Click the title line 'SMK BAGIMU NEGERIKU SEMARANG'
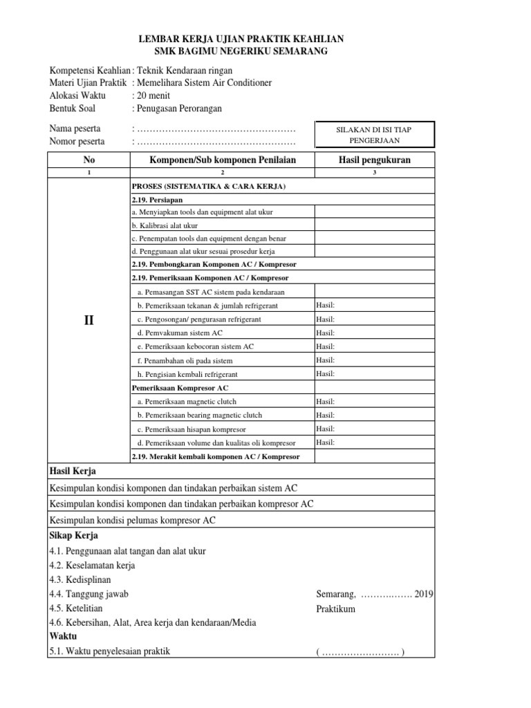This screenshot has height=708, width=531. [241, 52]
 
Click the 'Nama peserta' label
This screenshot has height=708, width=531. [75, 129]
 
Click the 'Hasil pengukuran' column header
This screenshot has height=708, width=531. [374, 160]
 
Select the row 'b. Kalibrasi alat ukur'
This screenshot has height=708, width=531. [165, 225]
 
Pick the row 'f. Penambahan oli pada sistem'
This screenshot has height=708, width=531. [185, 360]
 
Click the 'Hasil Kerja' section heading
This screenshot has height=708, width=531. [72, 471]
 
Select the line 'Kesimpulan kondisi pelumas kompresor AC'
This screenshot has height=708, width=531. [132, 520]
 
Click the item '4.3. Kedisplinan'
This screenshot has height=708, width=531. [80, 579]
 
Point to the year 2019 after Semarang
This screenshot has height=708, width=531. [424, 594]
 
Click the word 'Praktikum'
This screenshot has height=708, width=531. [335, 608]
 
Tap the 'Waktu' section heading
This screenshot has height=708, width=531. [63, 635]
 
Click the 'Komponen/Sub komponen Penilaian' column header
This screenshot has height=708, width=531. [222, 160]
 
